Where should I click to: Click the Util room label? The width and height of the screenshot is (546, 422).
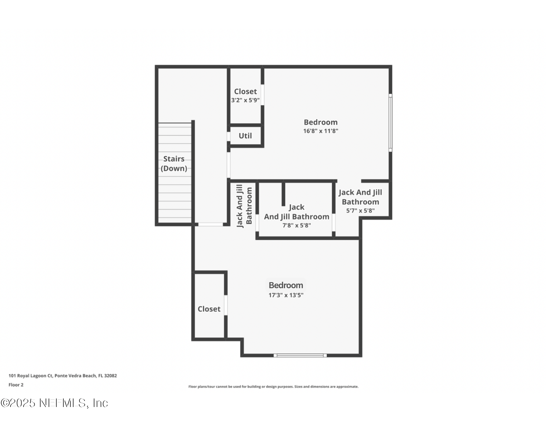tap(245, 136)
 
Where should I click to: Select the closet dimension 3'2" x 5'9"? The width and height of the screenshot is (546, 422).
tap(245, 100)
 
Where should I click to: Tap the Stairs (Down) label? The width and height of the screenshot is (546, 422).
tap(174, 163)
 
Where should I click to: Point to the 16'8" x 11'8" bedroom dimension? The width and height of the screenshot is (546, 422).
tap(321, 131)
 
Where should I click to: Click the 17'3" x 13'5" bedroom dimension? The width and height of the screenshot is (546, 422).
tap(286, 295)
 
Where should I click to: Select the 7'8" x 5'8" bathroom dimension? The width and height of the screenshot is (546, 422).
tap(296, 225)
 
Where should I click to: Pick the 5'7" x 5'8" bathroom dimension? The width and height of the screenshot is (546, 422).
tap(360, 211)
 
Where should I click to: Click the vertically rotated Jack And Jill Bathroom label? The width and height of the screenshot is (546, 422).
tap(244, 206)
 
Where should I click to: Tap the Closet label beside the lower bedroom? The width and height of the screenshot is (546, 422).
tap(209, 309)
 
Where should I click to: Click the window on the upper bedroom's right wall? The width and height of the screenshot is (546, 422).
tap(390, 123)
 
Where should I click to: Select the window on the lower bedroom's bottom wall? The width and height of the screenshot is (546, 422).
tap(300, 355)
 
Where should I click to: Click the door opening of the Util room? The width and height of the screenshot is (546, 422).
tap(229, 137)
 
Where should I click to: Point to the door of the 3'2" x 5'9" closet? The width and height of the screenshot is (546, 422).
tap(262, 95)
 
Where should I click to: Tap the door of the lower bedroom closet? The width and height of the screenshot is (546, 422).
tap(226, 305)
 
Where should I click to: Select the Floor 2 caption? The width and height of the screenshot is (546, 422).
tap(16, 385)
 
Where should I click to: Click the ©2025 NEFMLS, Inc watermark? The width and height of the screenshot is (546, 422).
tap(54, 403)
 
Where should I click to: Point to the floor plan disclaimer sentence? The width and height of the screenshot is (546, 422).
tap(273, 386)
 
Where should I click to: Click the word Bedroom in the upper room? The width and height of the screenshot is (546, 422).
tap(321, 122)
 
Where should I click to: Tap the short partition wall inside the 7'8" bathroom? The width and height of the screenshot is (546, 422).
tap(283, 194)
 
